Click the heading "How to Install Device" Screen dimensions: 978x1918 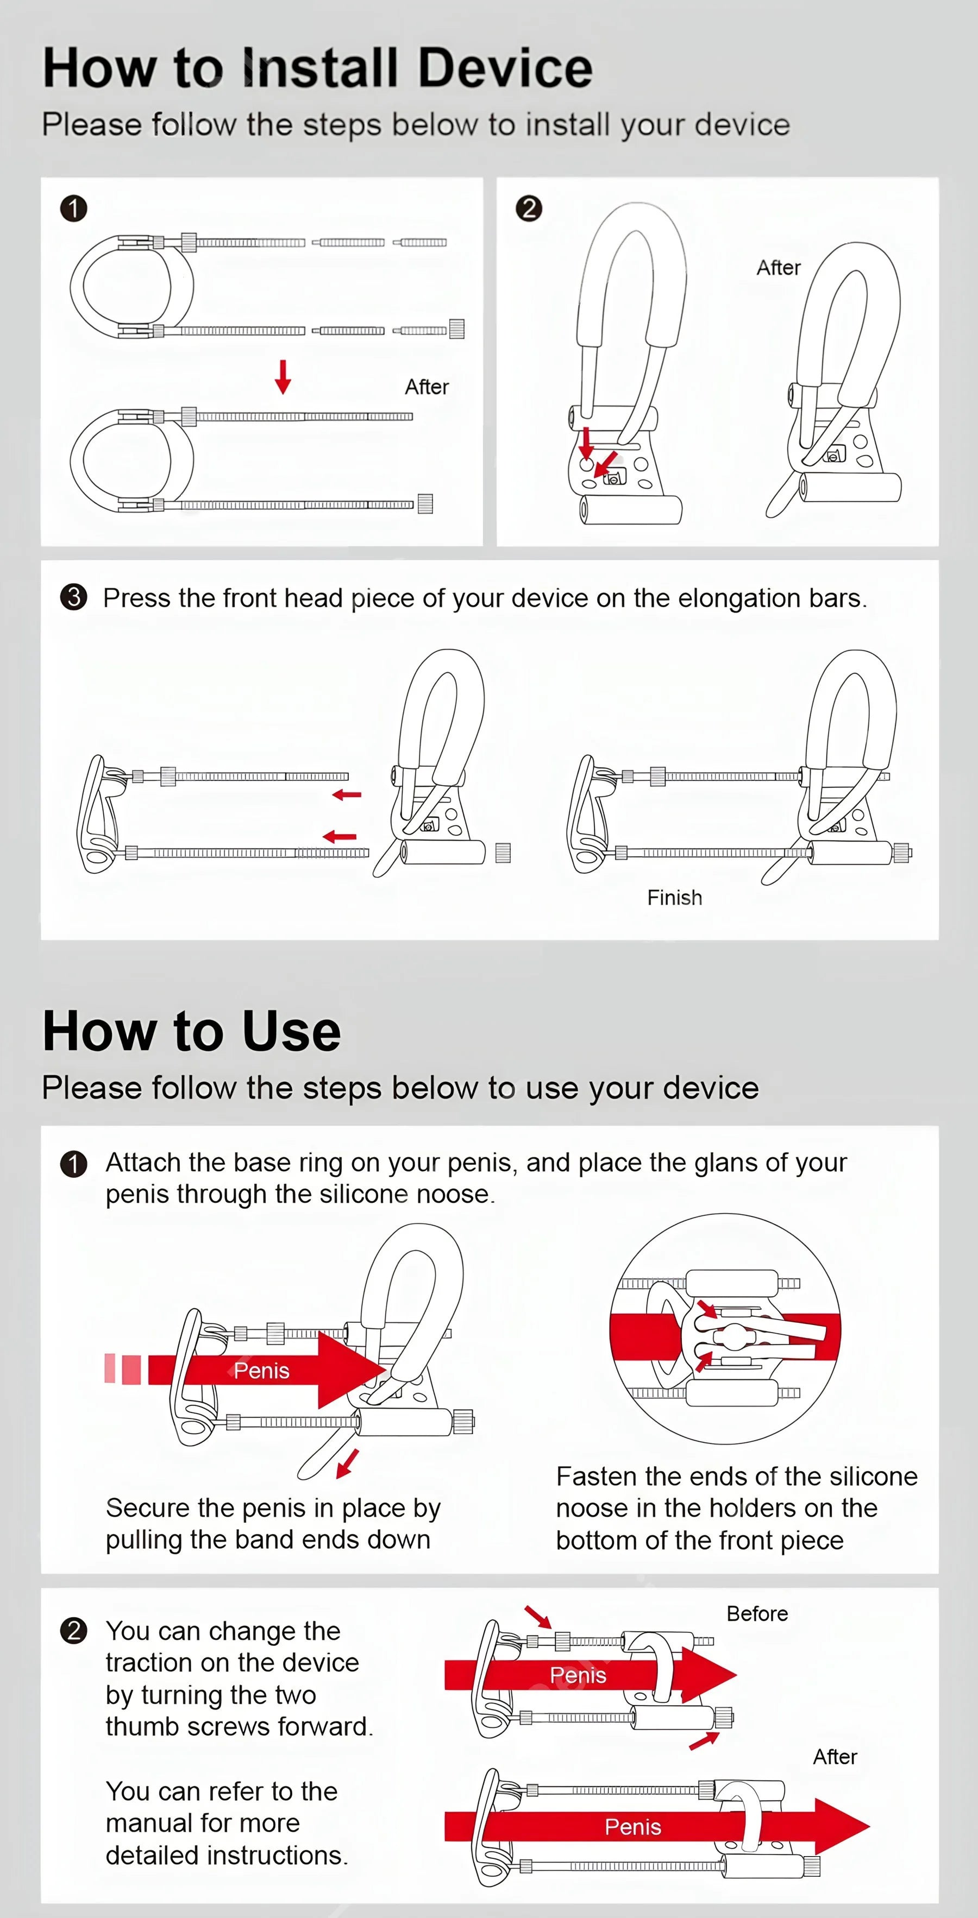(x=317, y=68)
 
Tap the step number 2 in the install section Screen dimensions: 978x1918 (x=529, y=209)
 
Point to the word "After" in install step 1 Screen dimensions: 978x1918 (x=427, y=387)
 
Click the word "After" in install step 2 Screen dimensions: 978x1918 (x=779, y=268)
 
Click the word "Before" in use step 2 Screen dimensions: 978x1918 (x=757, y=1613)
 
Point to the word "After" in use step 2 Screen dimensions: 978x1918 (x=835, y=1756)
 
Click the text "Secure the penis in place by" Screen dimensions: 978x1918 (x=273, y=1509)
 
